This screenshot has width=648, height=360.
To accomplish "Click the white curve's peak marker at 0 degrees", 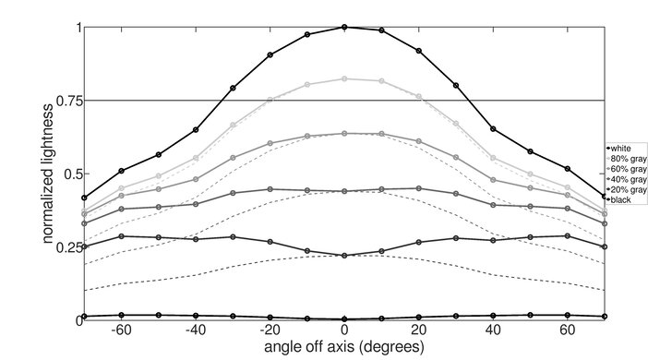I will [x=344, y=28].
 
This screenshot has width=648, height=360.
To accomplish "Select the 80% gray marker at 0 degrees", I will [x=344, y=79].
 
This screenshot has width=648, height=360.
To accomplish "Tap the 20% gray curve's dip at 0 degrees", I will [x=344, y=256].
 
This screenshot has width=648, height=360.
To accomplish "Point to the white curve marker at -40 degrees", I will [x=196, y=130].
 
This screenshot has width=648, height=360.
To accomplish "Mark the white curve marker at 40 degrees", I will [x=494, y=129].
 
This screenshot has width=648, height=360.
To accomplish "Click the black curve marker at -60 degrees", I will [x=122, y=316].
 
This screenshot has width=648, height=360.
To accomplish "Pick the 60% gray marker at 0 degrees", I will [x=344, y=134].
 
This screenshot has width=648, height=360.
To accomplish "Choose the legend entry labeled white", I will [x=621, y=147].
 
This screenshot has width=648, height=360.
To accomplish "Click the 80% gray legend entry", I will [x=626, y=157].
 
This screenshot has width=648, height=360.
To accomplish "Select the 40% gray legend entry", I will [x=626, y=178].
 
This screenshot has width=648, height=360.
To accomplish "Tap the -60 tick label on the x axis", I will [x=120, y=330].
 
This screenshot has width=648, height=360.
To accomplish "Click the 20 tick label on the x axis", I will [x=419, y=330].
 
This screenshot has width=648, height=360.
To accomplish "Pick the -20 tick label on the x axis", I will [x=269, y=330].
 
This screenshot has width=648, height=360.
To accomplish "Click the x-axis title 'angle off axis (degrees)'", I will [x=344, y=348].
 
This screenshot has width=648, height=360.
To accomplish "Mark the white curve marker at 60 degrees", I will [x=568, y=169].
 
